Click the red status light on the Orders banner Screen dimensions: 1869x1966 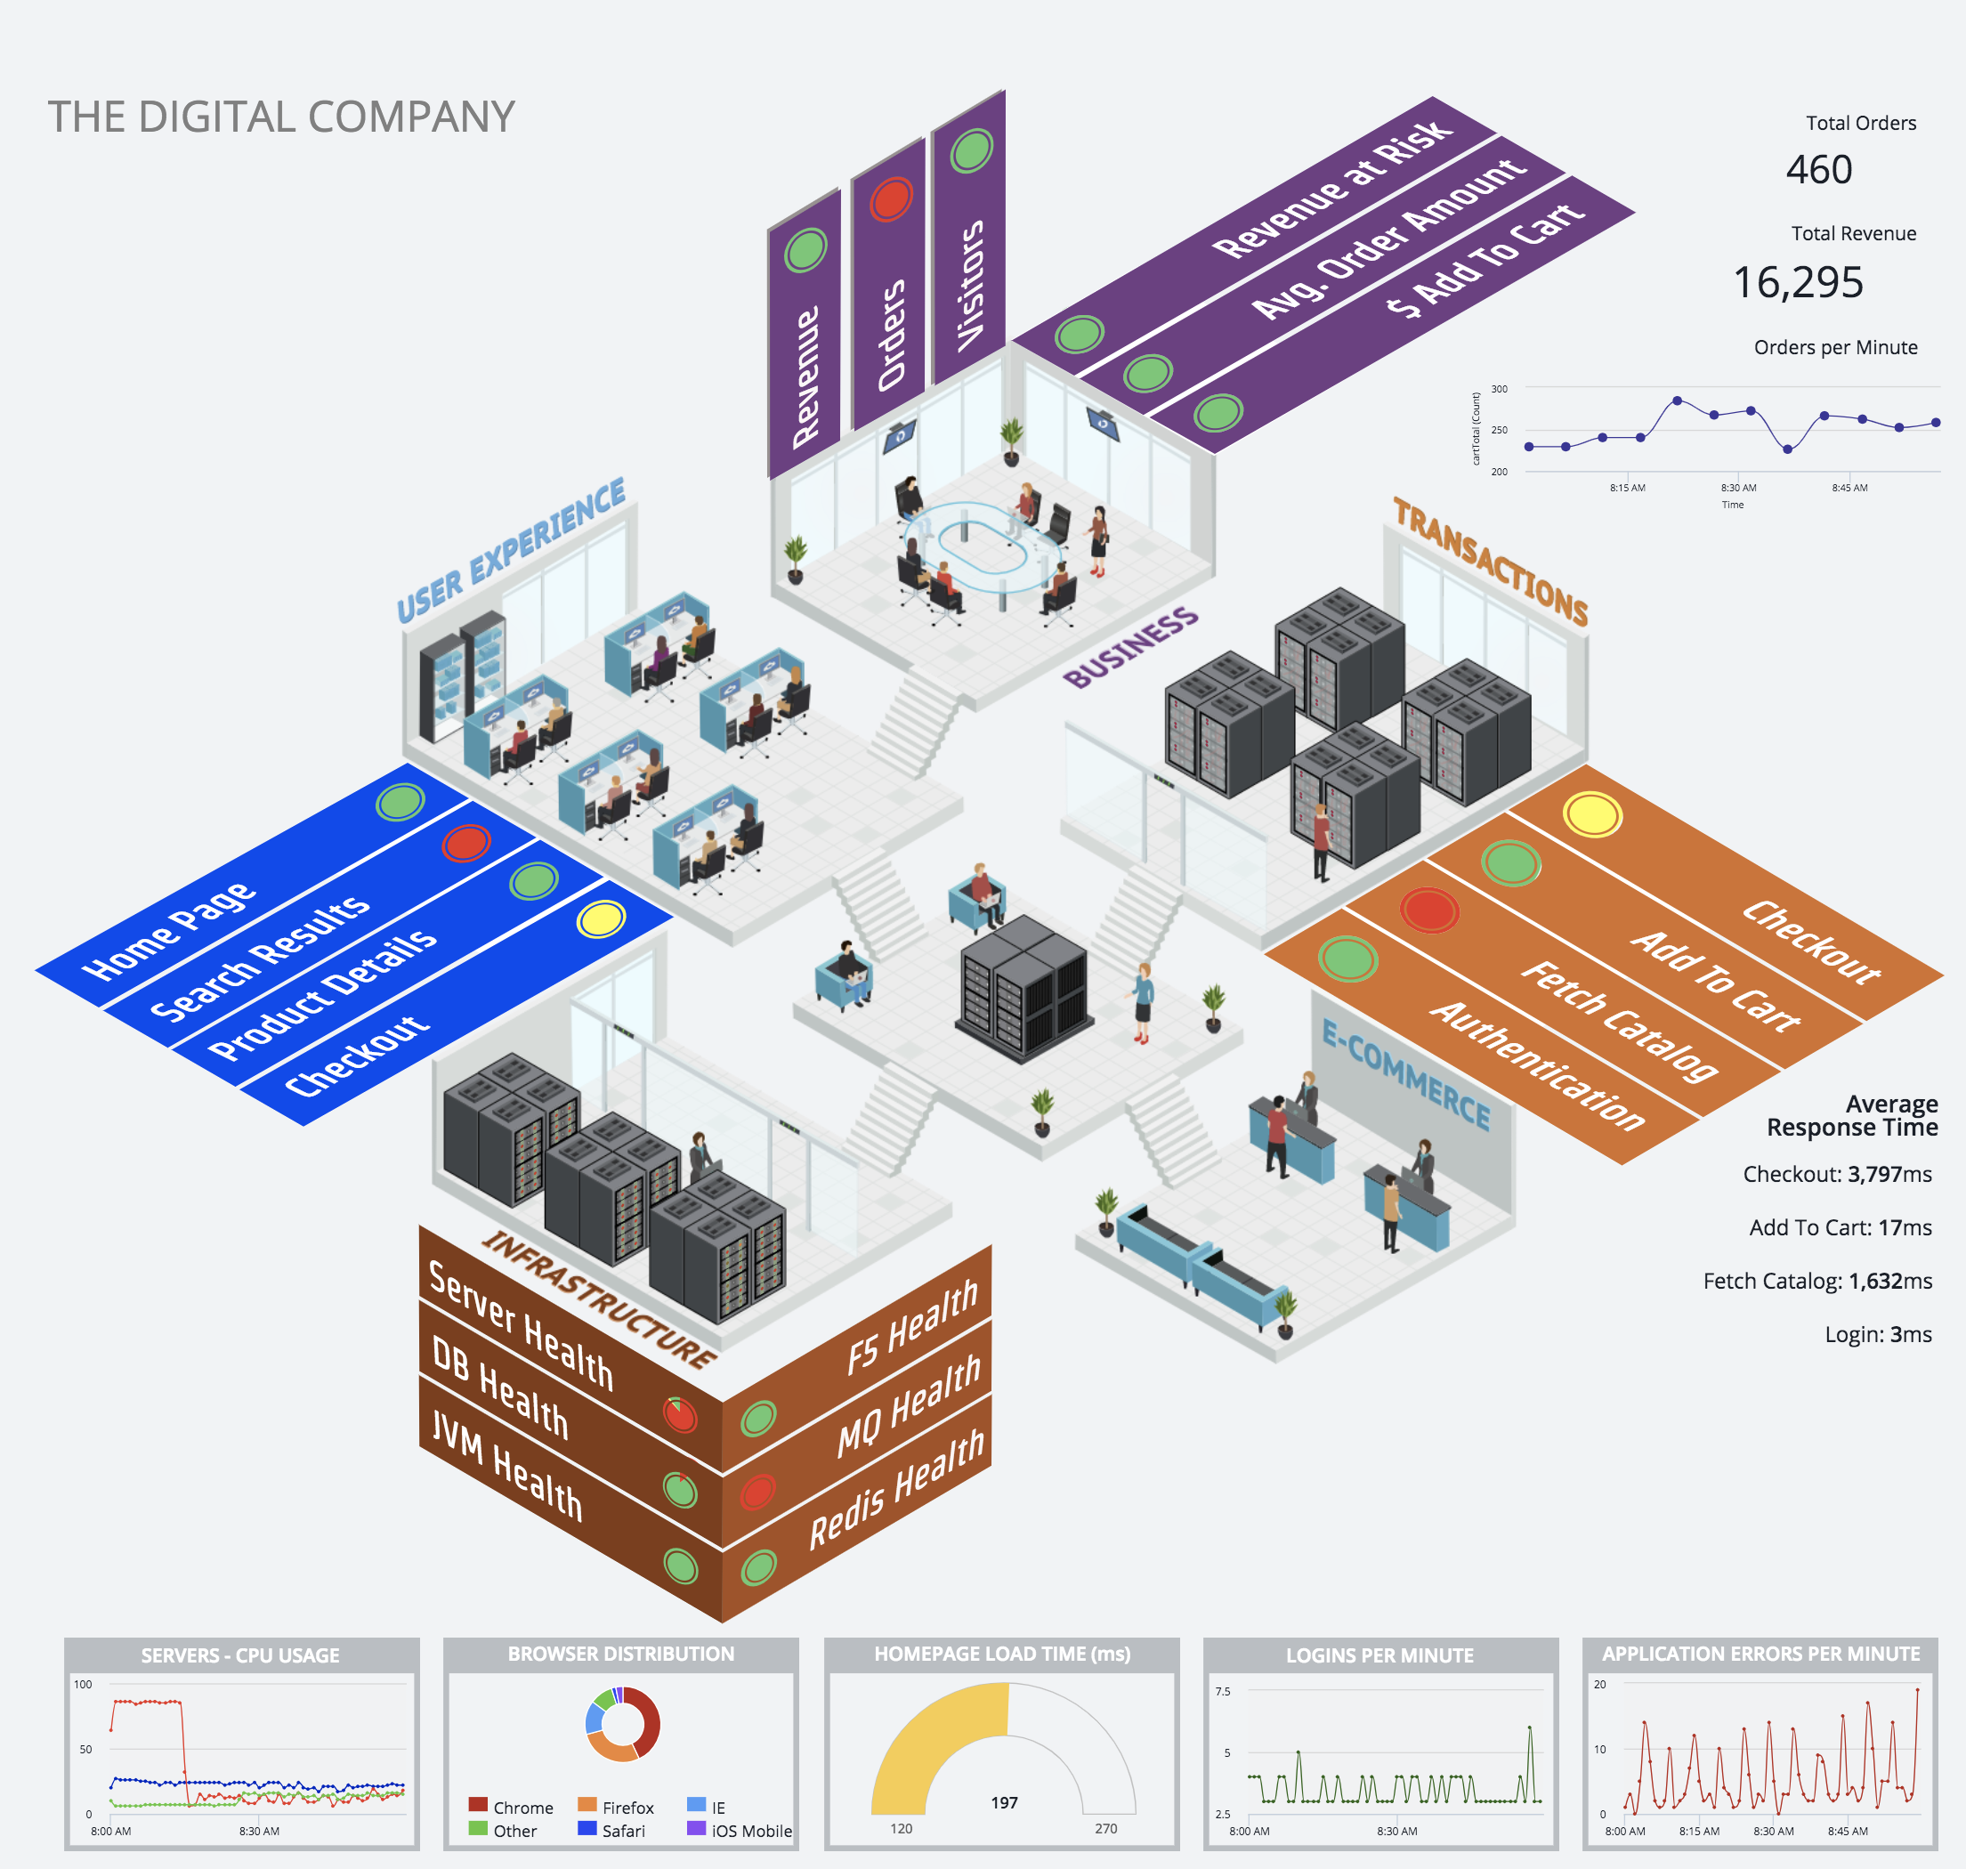click(891, 198)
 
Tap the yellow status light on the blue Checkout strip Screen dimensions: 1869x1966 click(601, 918)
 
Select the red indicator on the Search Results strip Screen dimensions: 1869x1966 click(466, 843)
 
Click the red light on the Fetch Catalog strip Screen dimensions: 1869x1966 click(1429, 910)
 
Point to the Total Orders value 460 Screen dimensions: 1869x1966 click(1818, 170)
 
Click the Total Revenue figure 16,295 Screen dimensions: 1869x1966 click(1798, 283)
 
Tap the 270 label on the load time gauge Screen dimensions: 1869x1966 click(1106, 1828)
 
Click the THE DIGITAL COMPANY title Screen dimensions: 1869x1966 click(281, 117)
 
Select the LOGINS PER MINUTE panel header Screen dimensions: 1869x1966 click(1379, 1655)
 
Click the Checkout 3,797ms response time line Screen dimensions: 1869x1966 click(1836, 1175)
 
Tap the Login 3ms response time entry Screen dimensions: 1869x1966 click(1877, 1334)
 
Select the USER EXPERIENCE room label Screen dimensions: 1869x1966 click(510, 550)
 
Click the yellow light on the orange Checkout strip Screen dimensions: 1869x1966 click(1591, 814)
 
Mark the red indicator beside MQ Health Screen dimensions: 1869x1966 click(757, 1492)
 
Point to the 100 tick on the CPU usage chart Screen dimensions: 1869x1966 click(83, 1685)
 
